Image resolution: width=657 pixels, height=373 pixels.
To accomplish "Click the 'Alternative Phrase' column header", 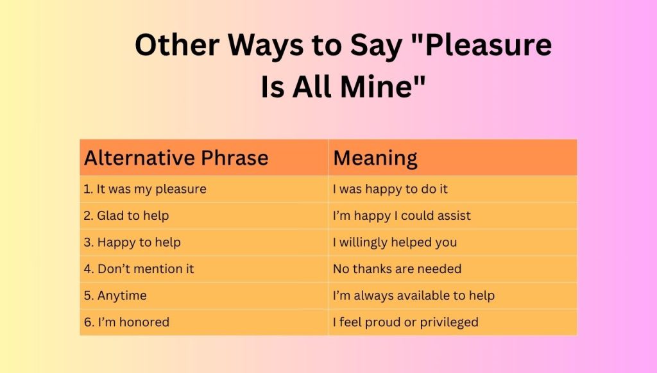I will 176,158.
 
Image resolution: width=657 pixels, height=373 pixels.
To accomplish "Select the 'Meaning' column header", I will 375,158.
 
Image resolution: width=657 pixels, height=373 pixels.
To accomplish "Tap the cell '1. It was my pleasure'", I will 145,189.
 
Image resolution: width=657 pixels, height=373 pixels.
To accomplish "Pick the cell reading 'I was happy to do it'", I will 390,189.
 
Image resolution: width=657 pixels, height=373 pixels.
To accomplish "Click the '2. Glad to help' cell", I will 126,216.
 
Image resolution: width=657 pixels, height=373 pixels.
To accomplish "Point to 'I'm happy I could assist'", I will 402,216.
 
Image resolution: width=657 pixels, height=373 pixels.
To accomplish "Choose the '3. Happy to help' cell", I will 132,242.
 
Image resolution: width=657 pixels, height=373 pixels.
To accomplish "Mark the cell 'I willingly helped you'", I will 395,242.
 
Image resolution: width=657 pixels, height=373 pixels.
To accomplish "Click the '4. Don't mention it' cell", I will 139,269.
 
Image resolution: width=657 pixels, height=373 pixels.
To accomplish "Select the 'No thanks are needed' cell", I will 397,269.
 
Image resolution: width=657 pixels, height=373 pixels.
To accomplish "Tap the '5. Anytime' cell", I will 115,295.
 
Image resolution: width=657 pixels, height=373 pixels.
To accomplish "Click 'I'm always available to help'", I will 414,295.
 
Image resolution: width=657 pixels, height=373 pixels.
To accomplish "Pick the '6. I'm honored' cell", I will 126,322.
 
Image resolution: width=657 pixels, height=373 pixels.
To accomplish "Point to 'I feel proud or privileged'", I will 405,322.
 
